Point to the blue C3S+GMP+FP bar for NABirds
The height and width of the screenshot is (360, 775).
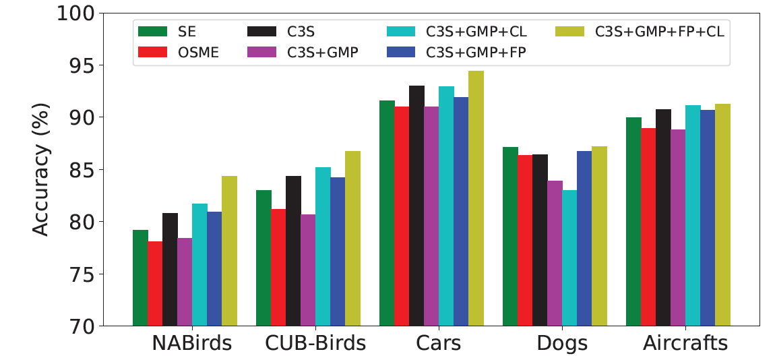coord(214,269)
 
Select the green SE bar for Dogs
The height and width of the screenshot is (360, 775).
coord(510,237)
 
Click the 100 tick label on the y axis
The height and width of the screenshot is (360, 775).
coord(75,13)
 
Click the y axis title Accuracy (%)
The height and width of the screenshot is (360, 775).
coord(42,169)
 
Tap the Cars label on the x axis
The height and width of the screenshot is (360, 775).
coord(439,343)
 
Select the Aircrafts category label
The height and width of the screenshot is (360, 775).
coord(685,343)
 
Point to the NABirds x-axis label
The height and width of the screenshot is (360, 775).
coord(192,343)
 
